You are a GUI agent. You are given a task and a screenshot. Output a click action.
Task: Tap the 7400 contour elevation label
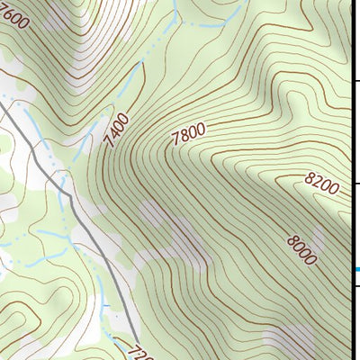tap(116, 132)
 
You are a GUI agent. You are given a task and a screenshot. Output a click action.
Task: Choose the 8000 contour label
tap(301, 247)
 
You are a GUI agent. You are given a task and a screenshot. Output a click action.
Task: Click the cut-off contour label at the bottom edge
tap(137, 352)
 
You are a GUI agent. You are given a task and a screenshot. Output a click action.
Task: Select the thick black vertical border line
tap(351, 135)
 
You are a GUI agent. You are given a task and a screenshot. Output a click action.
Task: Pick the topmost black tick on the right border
tap(355, 82)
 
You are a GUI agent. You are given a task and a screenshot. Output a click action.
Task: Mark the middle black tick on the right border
tap(355, 184)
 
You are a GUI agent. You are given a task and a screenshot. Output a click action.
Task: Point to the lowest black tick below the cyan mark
tap(355, 285)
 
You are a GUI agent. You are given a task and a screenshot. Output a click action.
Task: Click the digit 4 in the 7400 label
tap(112, 138)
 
